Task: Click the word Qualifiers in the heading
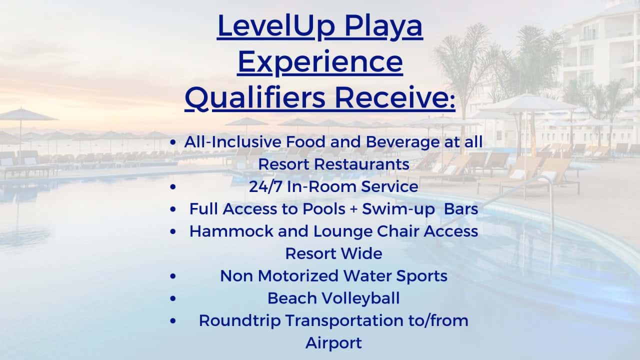click(255, 98)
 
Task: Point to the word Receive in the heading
click(393, 97)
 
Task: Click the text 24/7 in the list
click(265, 186)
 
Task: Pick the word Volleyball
click(361, 299)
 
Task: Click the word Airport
click(333, 343)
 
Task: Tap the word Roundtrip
click(240, 321)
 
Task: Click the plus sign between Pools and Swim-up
click(353, 209)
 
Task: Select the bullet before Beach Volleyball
click(173, 298)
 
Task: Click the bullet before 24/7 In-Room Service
click(173, 187)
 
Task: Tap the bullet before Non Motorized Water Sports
click(173, 276)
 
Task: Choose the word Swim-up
click(398, 209)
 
